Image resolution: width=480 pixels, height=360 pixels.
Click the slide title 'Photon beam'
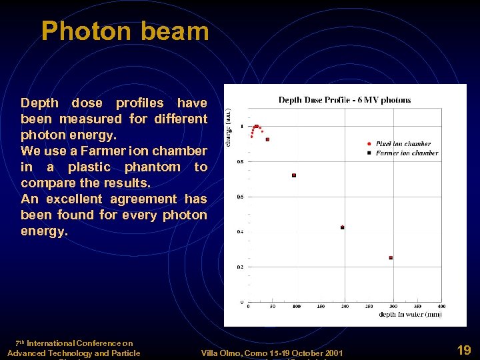coord(125,31)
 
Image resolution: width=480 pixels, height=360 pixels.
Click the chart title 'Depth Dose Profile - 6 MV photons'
coord(344,100)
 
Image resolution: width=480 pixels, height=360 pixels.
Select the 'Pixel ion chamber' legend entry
coord(403,143)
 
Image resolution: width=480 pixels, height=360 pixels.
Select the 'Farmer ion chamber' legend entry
coord(406,153)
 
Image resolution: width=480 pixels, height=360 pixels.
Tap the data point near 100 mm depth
coord(294,175)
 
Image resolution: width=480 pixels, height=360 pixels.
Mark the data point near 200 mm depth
coord(343,227)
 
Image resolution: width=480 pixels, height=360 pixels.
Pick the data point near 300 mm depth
coord(391,257)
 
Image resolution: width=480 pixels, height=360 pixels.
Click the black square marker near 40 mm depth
coord(267,139)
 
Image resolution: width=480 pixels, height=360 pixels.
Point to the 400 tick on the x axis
coord(441,307)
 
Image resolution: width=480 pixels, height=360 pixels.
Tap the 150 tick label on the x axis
coord(321,307)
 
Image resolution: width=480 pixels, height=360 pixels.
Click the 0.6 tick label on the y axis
coord(240,197)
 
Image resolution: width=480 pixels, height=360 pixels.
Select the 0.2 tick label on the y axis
coord(240,267)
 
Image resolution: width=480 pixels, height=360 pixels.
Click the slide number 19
coord(464,349)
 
